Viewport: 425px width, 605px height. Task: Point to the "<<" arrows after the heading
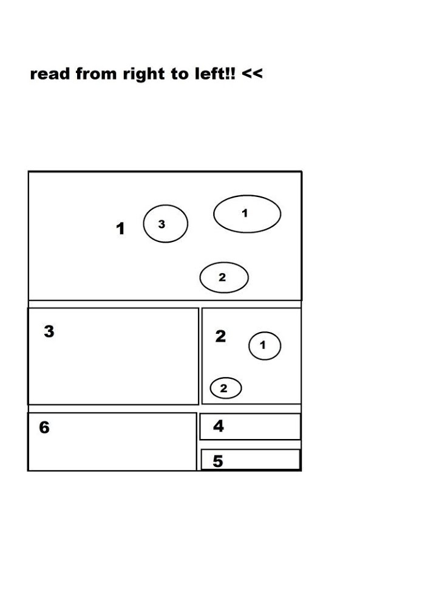pyautogui.click(x=253, y=74)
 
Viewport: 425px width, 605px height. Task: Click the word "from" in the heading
pyautogui.click(x=96, y=73)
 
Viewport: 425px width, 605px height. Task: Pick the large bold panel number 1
pyautogui.click(x=120, y=229)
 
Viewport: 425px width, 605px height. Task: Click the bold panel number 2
pyautogui.click(x=220, y=336)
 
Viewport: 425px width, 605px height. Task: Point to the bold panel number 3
pyautogui.click(x=49, y=331)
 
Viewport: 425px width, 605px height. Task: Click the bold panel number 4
pyautogui.click(x=219, y=426)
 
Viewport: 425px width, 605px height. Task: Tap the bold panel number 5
pyautogui.click(x=218, y=461)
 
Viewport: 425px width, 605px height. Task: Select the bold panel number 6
pyautogui.click(x=44, y=427)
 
